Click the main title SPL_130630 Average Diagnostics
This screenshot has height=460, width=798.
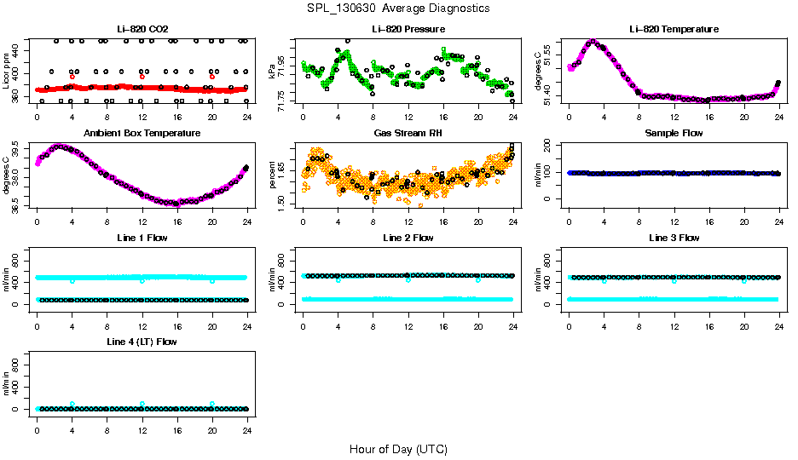[x=399, y=8]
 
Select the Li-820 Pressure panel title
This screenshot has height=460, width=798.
[x=408, y=29]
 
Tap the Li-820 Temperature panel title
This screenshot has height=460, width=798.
[x=674, y=29]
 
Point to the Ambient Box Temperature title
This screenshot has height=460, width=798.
[x=142, y=133]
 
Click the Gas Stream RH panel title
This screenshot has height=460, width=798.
[x=408, y=133]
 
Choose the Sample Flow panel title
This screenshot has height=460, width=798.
[x=674, y=133]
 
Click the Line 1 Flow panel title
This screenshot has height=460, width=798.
[x=142, y=238]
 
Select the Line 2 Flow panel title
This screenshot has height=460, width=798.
[x=408, y=238]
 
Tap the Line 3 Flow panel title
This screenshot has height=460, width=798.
[x=674, y=238]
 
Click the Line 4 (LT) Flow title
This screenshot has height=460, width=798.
[x=142, y=342]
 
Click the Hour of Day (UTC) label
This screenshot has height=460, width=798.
[x=398, y=448]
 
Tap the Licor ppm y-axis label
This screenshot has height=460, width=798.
[x=7, y=72]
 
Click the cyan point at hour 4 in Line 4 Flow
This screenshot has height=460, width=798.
[x=72, y=404]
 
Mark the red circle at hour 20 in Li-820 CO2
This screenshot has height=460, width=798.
[x=212, y=77]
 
